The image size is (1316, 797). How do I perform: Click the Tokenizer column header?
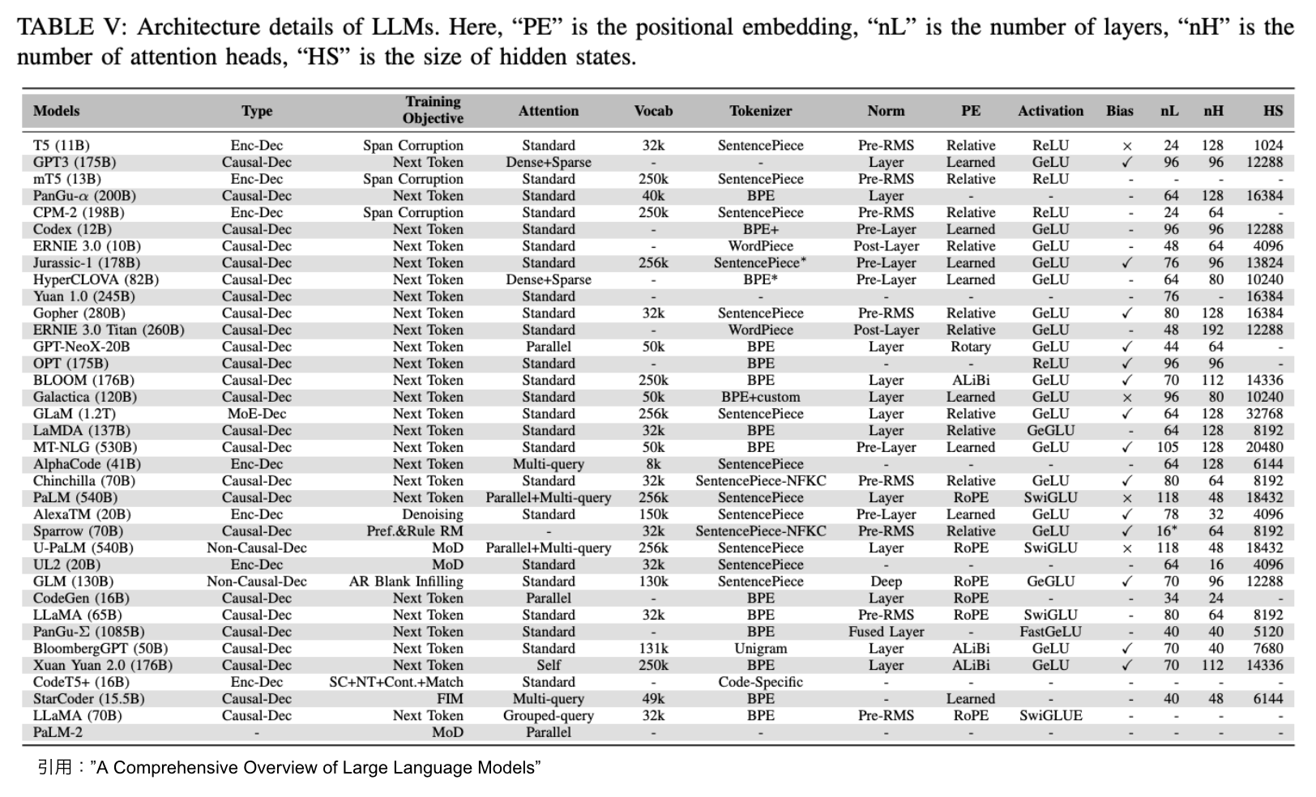click(x=760, y=111)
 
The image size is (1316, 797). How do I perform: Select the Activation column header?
click(x=1050, y=111)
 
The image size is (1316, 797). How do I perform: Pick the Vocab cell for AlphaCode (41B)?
click(x=653, y=464)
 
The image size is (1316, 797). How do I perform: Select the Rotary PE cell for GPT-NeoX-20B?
click(x=970, y=347)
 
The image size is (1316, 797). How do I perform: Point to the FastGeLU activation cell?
click(x=1050, y=632)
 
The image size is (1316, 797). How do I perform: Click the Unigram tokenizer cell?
click(x=760, y=649)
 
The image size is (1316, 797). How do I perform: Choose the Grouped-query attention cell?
click(x=548, y=716)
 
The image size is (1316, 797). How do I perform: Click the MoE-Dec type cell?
click(x=257, y=414)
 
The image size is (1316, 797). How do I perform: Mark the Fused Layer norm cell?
click(x=886, y=632)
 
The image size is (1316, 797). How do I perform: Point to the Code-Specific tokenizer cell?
click(x=760, y=682)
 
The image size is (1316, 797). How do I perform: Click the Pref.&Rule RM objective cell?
click(x=414, y=531)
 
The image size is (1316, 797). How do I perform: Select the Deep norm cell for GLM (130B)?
click(x=886, y=582)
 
